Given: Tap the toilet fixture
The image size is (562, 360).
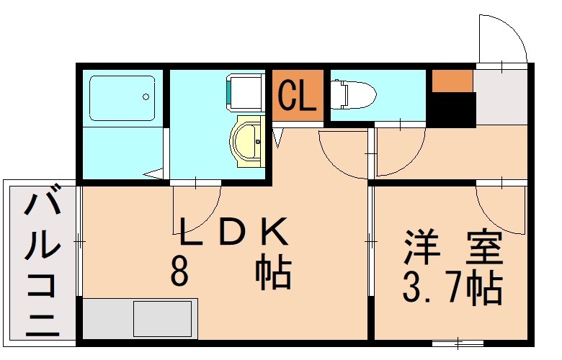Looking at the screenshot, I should [x=354, y=94].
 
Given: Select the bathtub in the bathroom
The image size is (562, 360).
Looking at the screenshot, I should [x=122, y=98].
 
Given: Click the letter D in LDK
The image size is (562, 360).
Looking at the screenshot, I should [x=233, y=233].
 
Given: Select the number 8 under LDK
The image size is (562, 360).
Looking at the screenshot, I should [x=180, y=272].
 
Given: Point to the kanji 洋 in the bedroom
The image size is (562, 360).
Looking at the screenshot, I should [x=420, y=247].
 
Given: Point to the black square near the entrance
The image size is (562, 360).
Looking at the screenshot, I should [x=452, y=111].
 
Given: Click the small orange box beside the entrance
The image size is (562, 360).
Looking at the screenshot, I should [x=452, y=81].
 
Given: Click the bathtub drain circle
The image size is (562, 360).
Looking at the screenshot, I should [x=146, y=96].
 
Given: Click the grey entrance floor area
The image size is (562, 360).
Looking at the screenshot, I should [x=501, y=97].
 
